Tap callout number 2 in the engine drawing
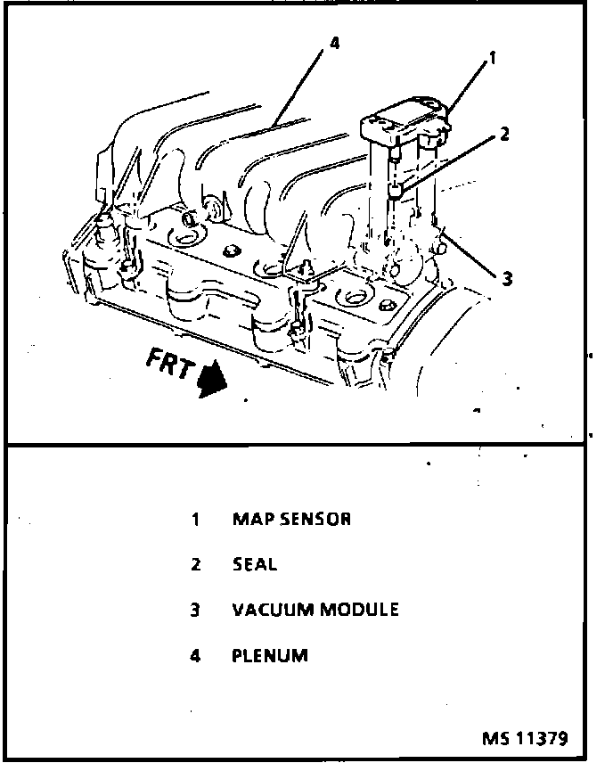(504, 135)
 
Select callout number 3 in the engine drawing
(506, 279)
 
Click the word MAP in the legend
(249, 519)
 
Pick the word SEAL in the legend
(255, 564)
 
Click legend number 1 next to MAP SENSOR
(195, 519)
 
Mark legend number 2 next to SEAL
(195, 564)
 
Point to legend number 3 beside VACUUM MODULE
(195, 611)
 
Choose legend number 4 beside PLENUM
(195, 656)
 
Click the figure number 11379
(538, 739)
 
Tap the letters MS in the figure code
(494, 739)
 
